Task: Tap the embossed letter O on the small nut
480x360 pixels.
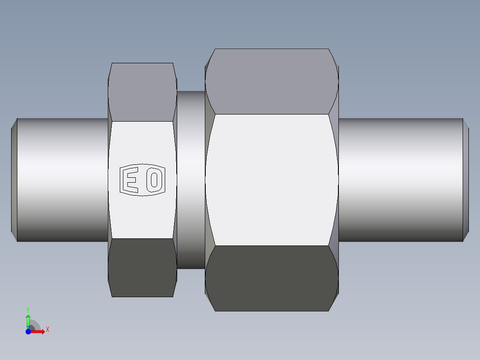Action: [x=155, y=180]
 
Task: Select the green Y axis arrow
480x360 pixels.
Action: [x=28, y=320]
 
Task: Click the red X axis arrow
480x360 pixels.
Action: [x=38, y=331]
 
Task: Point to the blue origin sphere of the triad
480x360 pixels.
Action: [x=28, y=331]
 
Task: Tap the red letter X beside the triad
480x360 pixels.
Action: [x=47, y=330]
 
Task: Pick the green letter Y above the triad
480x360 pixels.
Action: [x=28, y=309]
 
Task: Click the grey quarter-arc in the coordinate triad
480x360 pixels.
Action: [x=34, y=325]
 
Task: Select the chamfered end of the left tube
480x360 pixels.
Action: [x=14, y=180]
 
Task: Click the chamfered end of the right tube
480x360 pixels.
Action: [x=466, y=180]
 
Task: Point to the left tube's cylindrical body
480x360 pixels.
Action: [x=62, y=180]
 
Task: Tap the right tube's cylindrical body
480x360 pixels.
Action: [x=401, y=180]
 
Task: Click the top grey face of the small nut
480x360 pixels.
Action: [x=142, y=92]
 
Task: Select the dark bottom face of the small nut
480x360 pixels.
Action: [x=142, y=267]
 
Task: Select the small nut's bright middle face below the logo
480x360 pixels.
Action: [x=142, y=218]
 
